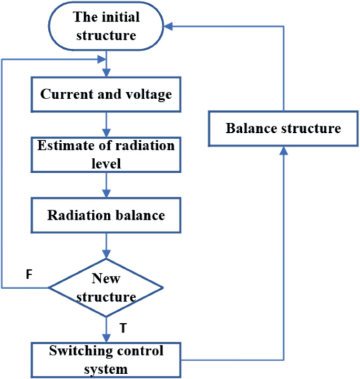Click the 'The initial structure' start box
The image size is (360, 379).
click(107, 26)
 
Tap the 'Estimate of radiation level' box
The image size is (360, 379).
click(107, 154)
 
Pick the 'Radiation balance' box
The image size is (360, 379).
click(107, 215)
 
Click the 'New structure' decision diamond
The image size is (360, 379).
click(106, 287)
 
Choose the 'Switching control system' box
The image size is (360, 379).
click(107, 360)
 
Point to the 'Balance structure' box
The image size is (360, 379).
click(283, 129)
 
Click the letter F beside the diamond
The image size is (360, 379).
click(29, 275)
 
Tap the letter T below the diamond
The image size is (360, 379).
click(123, 328)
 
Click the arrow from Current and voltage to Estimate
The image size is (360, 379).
click(107, 125)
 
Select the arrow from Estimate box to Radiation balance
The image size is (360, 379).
click(107, 185)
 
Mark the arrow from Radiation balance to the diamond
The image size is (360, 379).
click(107, 246)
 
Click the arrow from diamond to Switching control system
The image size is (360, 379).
click(107, 330)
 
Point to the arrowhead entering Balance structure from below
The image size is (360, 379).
click(284, 150)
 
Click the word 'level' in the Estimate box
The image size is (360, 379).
click(107, 163)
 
